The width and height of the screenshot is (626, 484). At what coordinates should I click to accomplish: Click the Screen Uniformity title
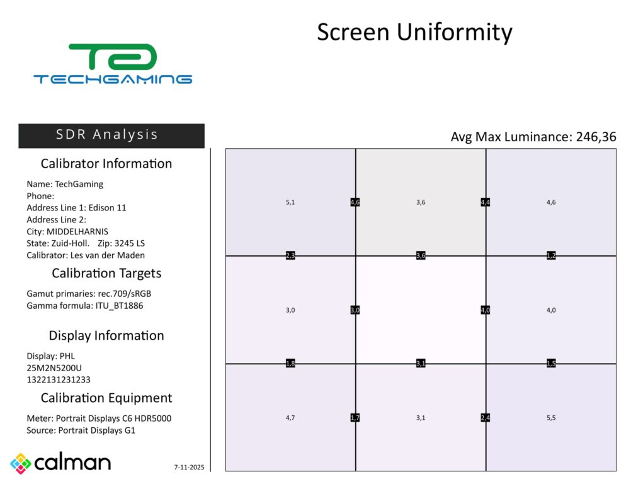(x=414, y=32)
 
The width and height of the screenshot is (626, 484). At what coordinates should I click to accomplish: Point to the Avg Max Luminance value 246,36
(x=596, y=137)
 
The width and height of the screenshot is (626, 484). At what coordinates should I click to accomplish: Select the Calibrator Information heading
(x=106, y=164)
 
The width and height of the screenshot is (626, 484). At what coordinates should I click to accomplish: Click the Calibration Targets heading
(x=106, y=274)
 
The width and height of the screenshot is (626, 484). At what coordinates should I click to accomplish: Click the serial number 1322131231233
(x=58, y=379)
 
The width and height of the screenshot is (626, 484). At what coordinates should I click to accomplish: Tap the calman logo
(x=60, y=463)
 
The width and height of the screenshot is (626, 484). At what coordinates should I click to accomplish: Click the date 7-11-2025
(x=189, y=468)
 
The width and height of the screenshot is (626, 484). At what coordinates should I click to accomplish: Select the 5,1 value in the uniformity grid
(x=290, y=202)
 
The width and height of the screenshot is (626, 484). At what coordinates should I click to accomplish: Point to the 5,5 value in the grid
(x=550, y=418)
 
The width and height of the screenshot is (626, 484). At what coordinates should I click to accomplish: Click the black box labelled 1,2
(x=551, y=256)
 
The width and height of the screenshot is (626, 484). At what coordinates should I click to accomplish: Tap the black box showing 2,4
(x=486, y=418)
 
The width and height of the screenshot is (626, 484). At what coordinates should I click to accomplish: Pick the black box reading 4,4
(x=486, y=202)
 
